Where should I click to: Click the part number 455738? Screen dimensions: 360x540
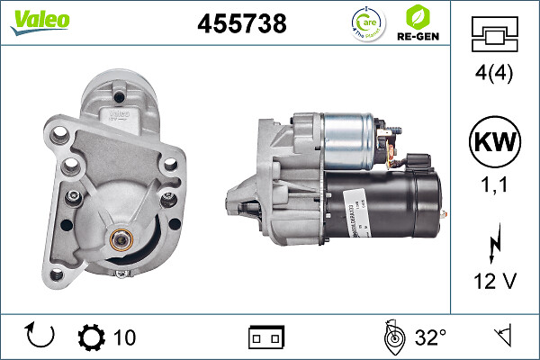241,24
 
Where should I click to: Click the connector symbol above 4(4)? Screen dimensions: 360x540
494,38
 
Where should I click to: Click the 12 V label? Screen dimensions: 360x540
494,282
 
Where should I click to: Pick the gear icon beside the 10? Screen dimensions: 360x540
92,337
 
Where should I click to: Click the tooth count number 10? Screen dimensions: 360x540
124,337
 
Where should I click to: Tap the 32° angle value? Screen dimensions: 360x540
430,337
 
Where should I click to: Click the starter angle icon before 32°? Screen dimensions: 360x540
391,337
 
